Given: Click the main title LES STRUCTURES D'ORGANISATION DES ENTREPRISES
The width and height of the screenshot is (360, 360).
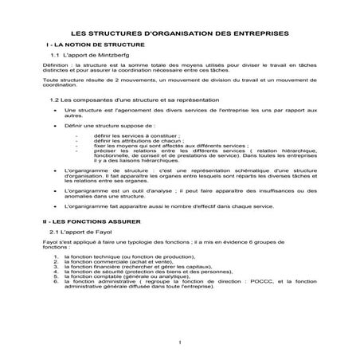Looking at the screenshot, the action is pos(180,33).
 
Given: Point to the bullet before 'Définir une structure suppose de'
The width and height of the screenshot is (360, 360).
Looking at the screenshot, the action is pos(54,126).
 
